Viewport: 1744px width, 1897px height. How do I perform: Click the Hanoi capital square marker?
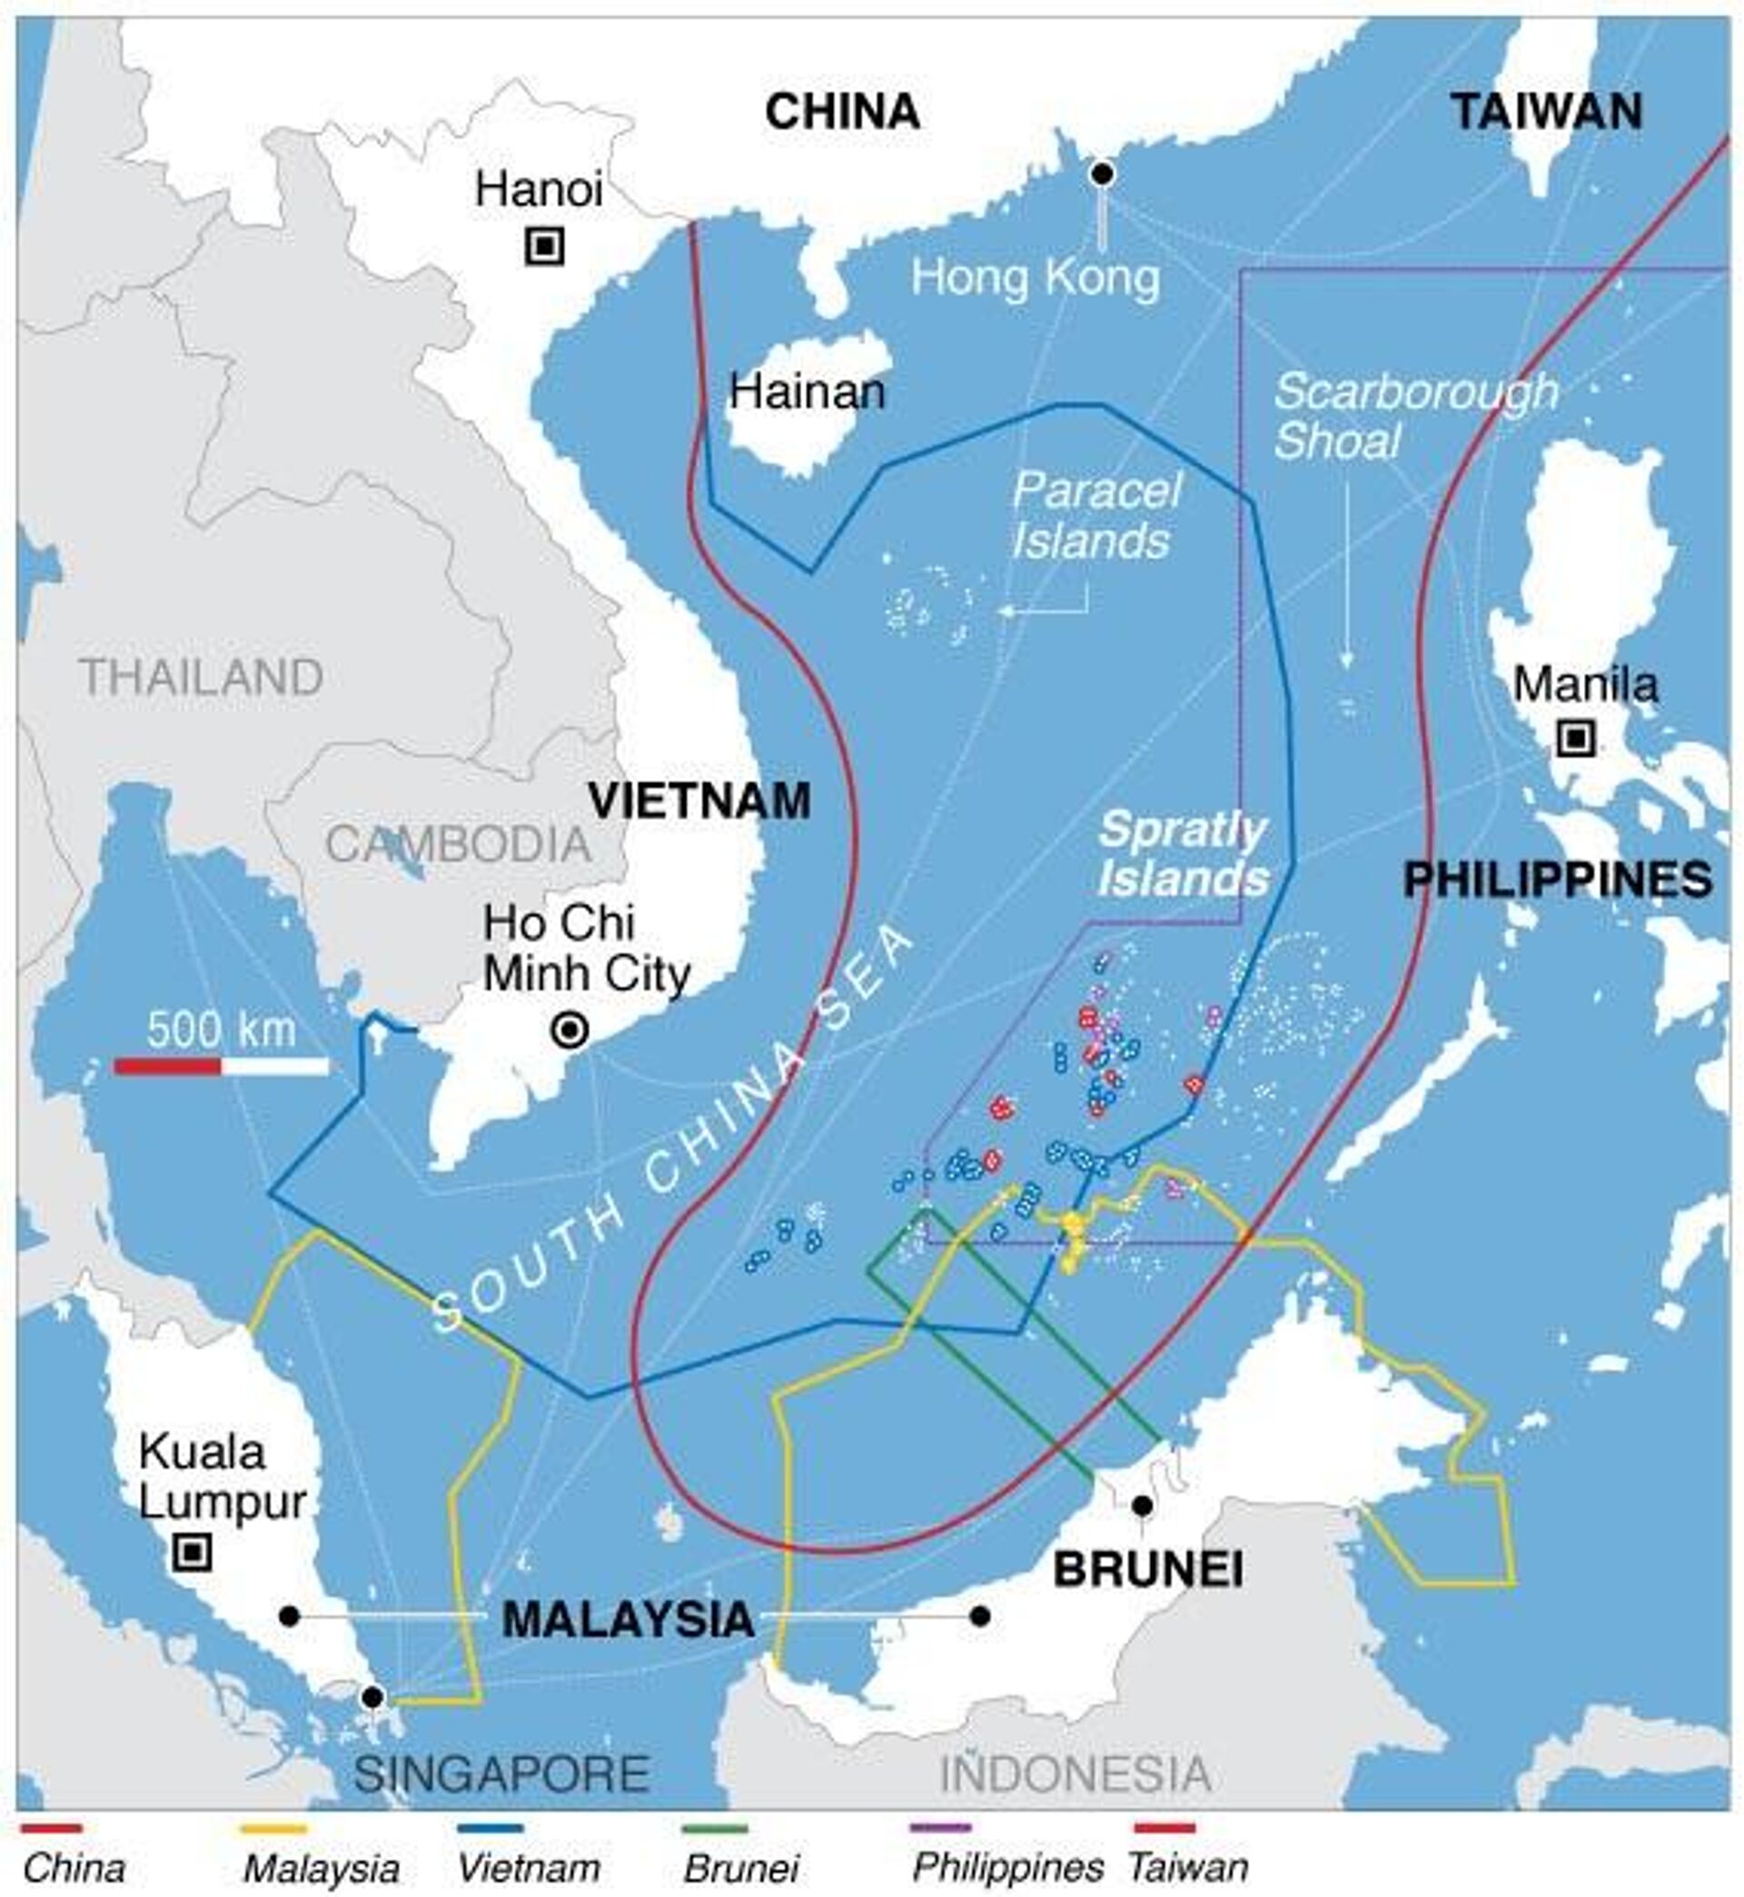coord(544,247)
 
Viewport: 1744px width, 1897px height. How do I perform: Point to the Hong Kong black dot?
coord(1101,174)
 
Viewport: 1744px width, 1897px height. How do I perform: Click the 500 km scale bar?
coord(222,1067)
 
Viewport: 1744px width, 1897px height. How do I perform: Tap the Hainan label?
coord(807,392)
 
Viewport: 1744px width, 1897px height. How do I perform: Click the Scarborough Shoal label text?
coord(1413,416)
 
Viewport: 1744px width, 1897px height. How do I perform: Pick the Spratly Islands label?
coord(1183,854)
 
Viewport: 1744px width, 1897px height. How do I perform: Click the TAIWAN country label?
coord(1547,113)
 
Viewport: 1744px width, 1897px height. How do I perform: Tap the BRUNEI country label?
coord(1147,1570)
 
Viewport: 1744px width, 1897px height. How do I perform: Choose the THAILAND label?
coord(201,677)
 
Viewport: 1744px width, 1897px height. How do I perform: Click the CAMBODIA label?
coord(458,843)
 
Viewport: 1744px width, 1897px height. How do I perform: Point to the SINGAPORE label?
coord(502,1773)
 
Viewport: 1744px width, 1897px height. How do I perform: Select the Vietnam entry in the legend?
coord(529,1868)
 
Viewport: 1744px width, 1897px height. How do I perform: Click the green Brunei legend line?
coord(714,1829)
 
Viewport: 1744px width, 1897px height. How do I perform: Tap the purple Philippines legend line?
coord(940,1829)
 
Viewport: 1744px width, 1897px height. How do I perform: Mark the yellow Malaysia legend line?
coord(273,1829)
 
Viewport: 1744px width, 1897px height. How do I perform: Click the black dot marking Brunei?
coord(1142,1505)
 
